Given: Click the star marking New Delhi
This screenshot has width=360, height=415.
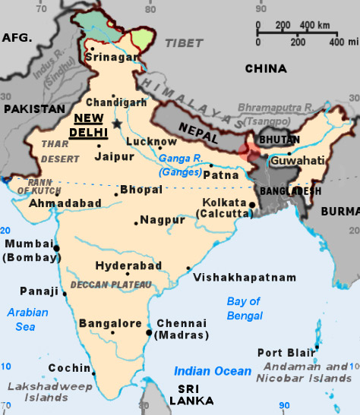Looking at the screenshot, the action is click(117, 124).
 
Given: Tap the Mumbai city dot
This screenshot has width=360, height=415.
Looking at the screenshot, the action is click(56, 247).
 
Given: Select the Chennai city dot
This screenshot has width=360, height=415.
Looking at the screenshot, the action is click(148, 332).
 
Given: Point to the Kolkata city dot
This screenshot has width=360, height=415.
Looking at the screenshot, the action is click(252, 205).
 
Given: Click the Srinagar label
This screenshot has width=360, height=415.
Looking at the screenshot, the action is click(112, 57).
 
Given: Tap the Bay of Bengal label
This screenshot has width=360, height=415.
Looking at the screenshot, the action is click(244, 308).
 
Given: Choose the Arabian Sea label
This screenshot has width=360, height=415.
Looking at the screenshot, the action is click(27, 319).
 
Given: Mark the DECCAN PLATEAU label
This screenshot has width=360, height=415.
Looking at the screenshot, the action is click(111, 285).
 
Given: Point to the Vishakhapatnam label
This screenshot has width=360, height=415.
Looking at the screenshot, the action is click(245, 278).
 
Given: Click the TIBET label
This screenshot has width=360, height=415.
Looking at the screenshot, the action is click(185, 44).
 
